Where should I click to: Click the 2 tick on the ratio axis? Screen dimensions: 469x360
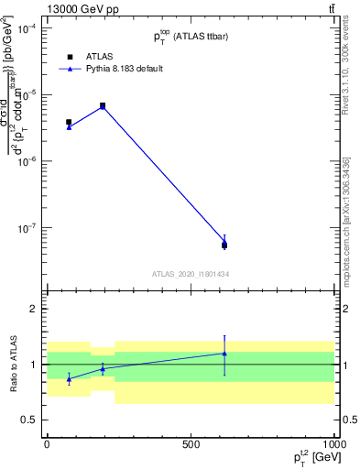tap(31, 309)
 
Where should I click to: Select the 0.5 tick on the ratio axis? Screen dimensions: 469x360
tap(27, 420)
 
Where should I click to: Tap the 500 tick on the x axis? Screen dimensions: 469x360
tap(191, 443)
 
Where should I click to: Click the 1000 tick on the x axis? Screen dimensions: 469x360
tap(332, 443)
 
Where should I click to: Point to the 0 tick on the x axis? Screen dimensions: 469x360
tap(47, 443)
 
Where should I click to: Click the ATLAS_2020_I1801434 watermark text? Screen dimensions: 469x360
tap(190, 274)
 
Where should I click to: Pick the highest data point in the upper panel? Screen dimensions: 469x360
tap(103, 106)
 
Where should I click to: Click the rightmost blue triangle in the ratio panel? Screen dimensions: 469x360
tap(224, 353)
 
